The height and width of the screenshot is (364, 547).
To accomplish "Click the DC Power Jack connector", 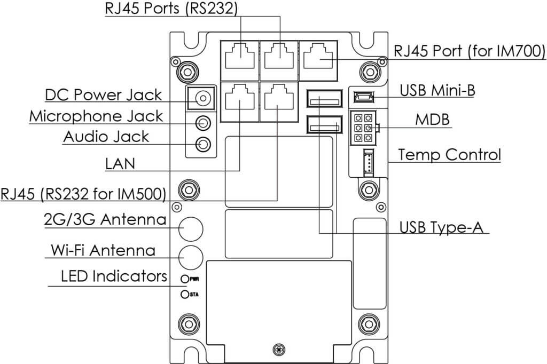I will click(202, 99).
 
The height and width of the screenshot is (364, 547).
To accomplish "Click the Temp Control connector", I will click(368, 161).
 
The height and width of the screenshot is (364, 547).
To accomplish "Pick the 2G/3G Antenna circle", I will click(191, 228).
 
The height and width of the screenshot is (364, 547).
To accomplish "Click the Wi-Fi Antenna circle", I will click(191, 257).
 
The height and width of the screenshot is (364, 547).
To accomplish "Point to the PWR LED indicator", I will click(185, 279).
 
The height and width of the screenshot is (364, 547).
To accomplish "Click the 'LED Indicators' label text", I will click(113, 276).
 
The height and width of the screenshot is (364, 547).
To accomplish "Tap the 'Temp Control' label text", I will click(449, 155).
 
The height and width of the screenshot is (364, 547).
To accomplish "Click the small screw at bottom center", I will click(277, 350).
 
